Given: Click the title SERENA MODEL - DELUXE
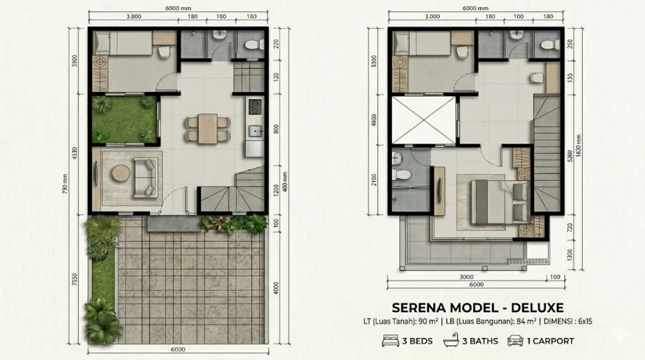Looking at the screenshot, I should [x=477, y=308].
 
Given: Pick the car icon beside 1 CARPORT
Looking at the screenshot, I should [x=515, y=341].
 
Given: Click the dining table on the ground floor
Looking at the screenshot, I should [x=207, y=128].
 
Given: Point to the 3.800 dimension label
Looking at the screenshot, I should [x=133, y=17].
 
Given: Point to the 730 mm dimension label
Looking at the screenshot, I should [x=64, y=183].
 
